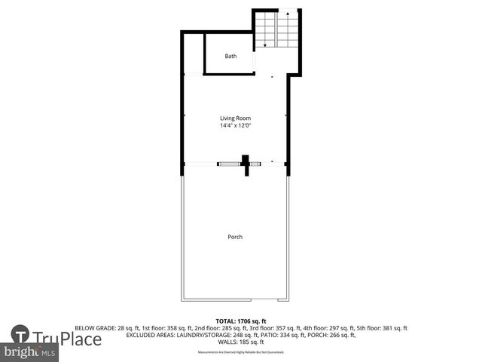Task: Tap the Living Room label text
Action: pyautogui.click(x=235, y=118)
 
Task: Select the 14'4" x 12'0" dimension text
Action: pyautogui.click(x=235, y=126)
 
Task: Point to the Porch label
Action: pyautogui.click(x=235, y=237)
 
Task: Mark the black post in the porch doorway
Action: pyautogui.click(x=245, y=164)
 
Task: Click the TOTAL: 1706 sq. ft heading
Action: pyautogui.click(x=240, y=321)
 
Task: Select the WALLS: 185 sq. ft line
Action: pyautogui.click(x=240, y=342)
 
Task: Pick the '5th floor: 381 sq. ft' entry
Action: pyautogui.click(x=380, y=328)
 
